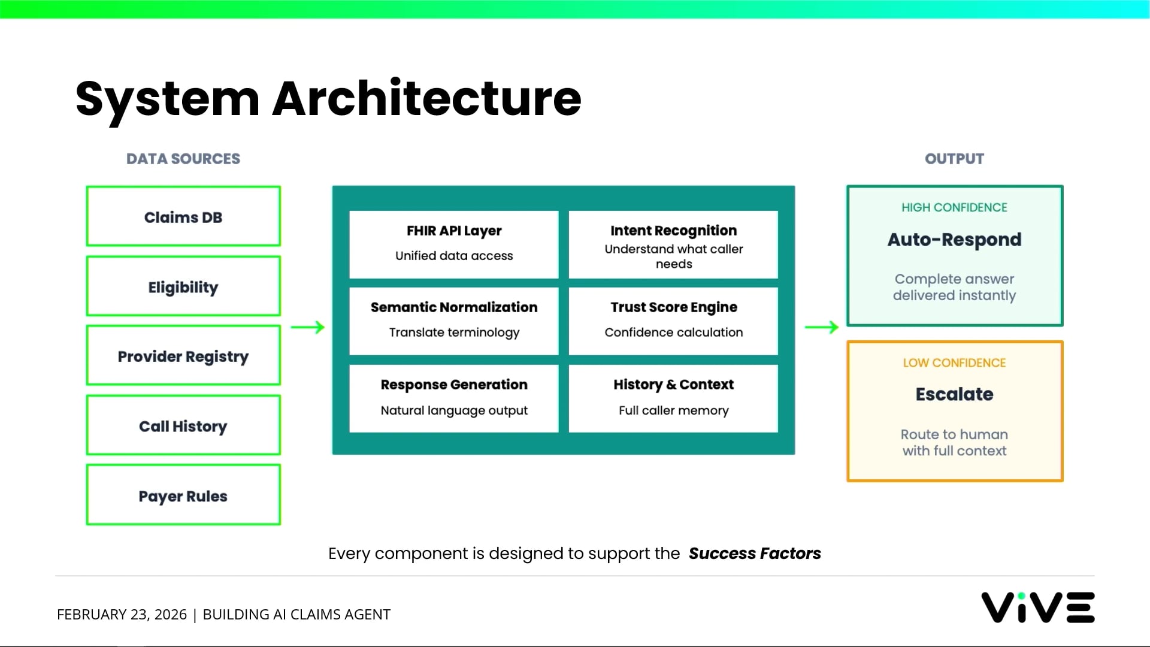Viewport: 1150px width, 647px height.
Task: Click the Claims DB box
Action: coord(183,216)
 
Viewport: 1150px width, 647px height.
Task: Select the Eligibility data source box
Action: coord(183,286)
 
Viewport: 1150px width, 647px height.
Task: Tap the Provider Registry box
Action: coord(183,356)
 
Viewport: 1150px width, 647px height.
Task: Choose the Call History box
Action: coord(183,425)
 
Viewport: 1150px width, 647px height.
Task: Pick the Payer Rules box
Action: coord(183,495)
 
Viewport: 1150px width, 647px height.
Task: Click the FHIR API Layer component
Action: coord(454,244)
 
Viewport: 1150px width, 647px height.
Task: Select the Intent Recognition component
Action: coord(673,244)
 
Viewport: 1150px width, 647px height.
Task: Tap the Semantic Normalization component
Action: coord(454,321)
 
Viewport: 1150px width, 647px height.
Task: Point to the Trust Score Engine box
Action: coord(673,321)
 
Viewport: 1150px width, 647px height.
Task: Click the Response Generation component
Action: coord(454,398)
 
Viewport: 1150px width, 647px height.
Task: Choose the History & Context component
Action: coord(673,398)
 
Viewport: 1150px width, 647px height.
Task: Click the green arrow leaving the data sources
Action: coord(308,327)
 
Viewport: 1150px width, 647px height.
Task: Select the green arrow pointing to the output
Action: coord(822,327)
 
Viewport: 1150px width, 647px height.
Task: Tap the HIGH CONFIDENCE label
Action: coord(954,207)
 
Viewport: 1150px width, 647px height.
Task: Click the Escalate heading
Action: coord(954,394)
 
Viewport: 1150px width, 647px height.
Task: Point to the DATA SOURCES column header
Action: coord(183,159)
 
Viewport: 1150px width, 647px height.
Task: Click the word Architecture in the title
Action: coord(426,98)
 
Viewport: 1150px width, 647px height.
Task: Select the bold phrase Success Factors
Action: coord(755,553)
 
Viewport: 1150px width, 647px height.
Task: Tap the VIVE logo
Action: coord(1037,607)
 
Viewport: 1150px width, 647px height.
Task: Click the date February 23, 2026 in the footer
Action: coord(122,614)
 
